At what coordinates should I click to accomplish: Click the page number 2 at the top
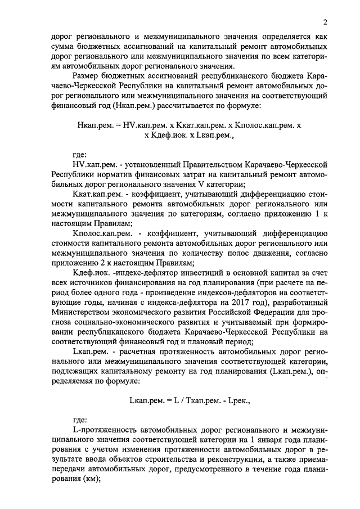coord(325,22)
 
